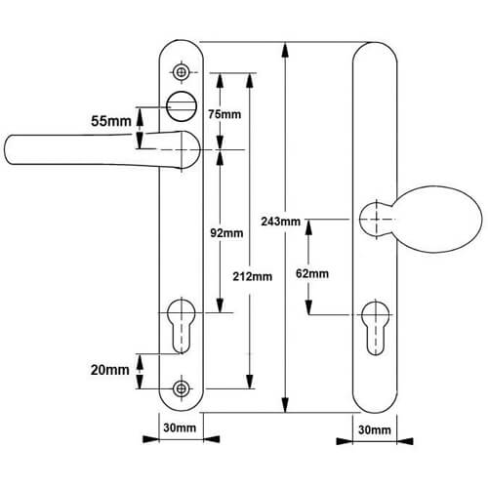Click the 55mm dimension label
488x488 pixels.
(111, 121)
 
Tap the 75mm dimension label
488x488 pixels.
(224, 114)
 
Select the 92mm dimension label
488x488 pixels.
(226, 233)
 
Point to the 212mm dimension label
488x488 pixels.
(253, 276)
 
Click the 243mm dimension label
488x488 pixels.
(281, 222)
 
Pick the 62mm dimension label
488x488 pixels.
(312, 273)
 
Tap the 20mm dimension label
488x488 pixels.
(110, 370)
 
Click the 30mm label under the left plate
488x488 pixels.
(180, 427)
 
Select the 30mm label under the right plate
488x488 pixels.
(375, 429)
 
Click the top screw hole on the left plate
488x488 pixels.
(181, 72)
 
